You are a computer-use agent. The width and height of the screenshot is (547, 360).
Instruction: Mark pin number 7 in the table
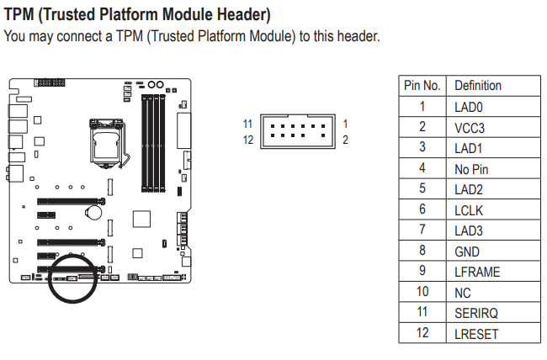click(x=422, y=230)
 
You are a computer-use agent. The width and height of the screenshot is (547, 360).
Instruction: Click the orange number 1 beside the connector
click(x=345, y=124)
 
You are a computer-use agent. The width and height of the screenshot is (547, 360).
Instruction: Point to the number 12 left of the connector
click(x=248, y=140)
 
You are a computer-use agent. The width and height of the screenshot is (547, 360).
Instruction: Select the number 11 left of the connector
click(x=248, y=124)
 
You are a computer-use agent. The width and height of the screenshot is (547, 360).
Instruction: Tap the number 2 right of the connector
click(x=345, y=140)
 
